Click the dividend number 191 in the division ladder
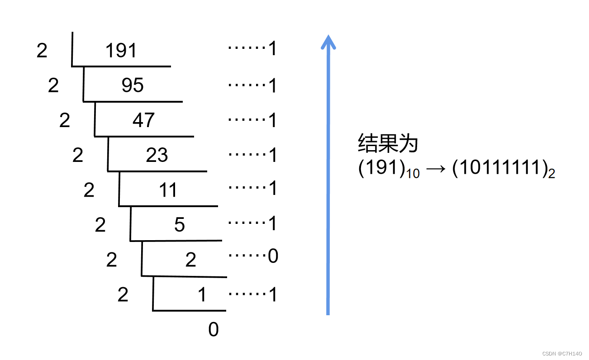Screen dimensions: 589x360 (121, 51)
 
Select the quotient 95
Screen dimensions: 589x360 (133, 85)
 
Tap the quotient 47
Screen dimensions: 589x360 (143, 120)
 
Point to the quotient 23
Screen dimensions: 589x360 (157, 155)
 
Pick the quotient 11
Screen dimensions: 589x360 (168, 190)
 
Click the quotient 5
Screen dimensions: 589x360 (180, 225)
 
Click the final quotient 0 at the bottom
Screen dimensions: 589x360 (214, 330)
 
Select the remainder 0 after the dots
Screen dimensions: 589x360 (273, 256)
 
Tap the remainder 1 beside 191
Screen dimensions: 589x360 (272, 49)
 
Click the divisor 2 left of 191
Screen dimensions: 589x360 (42, 51)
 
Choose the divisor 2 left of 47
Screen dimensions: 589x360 (65, 120)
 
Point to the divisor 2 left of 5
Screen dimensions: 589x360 (100, 225)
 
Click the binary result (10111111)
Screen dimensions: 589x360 (500, 170)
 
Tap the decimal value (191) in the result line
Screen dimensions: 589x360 (380, 170)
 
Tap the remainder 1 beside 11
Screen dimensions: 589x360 (272, 188)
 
